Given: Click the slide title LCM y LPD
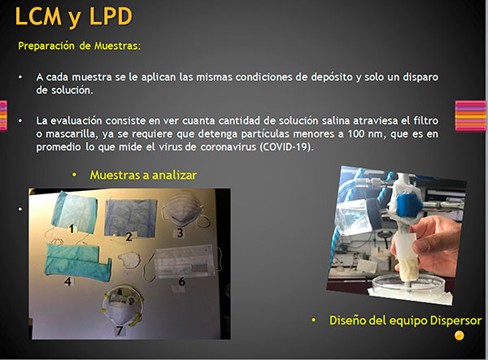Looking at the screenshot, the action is click(x=74, y=16).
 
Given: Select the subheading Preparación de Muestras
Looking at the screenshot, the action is click(x=80, y=46).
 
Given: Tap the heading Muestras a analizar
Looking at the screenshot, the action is click(x=143, y=175).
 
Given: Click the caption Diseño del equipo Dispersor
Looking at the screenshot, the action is click(x=405, y=320).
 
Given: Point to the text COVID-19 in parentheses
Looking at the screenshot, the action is click(x=285, y=146).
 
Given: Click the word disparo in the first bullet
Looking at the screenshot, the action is click(x=420, y=76).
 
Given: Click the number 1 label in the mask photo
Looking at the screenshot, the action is click(x=72, y=228).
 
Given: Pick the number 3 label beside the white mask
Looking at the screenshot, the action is click(x=180, y=233).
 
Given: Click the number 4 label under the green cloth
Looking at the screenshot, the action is click(x=68, y=281).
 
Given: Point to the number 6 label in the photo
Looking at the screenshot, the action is click(x=181, y=282).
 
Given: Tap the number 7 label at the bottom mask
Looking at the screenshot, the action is click(x=120, y=330).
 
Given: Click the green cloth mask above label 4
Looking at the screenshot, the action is click(x=77, y=261).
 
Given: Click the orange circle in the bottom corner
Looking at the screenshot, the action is click(x=460, y=336).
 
